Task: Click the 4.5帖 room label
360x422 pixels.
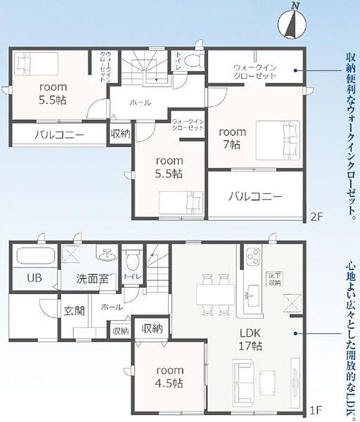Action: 170,377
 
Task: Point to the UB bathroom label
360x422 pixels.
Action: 34,278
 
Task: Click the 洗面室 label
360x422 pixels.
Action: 92,278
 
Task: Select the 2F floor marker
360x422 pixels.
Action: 316,217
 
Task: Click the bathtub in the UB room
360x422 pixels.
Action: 35,256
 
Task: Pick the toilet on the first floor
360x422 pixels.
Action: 132,258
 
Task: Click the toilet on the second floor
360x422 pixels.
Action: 194,59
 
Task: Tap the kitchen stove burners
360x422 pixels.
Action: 253,255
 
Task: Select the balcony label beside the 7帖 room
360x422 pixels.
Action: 255,196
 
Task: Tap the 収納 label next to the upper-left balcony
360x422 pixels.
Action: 120,134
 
